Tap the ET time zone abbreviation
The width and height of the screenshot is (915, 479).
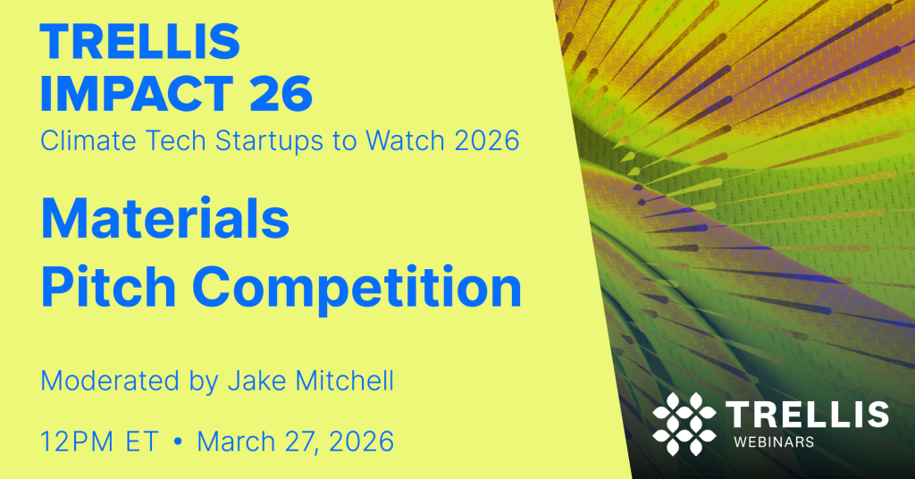point(143,441)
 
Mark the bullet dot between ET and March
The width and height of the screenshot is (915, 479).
point(179,441)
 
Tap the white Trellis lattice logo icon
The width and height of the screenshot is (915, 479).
point(684,423)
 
